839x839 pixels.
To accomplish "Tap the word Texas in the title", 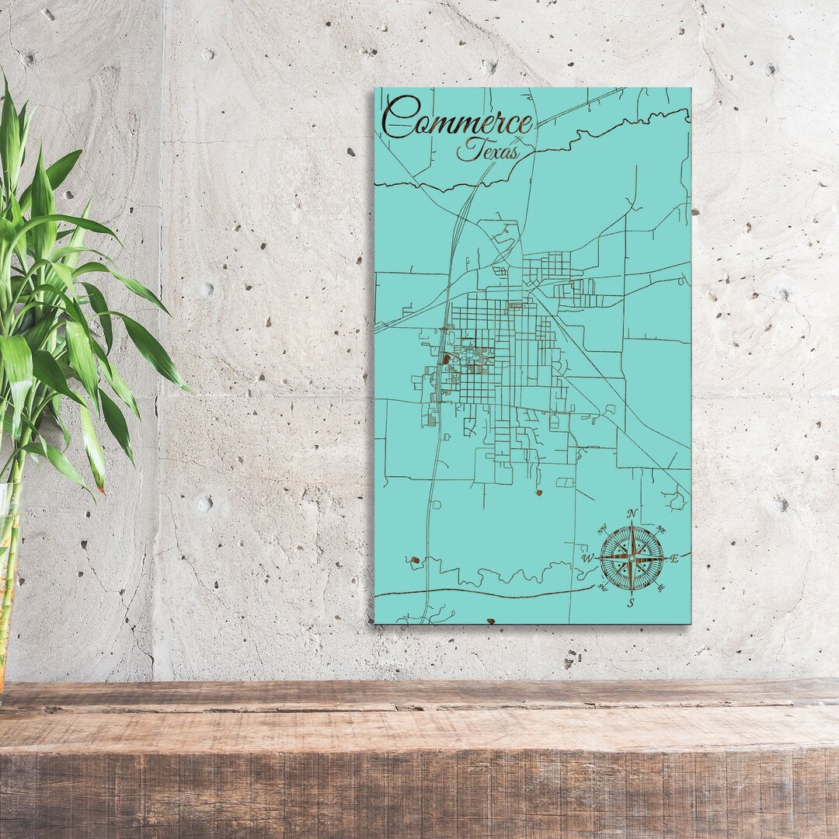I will pyautogui.click(x=488, y=149).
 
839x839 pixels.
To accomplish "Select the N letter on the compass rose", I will pyautogui.click(x=632, y=513).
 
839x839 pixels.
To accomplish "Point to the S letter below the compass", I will pyautogui.click(x=631, y=602).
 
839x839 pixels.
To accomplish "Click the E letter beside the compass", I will pyautogui.click(x=674, y=559).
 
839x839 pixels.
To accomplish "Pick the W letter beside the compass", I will pyautogui.click(x=587, y=558).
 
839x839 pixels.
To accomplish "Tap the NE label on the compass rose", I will pyautogui.click(x=660, y=530).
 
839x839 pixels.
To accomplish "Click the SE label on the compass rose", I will pyautogui.click(x=660, y=588).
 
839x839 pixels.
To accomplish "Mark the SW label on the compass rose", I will pyautogui.click(x=602, y=588).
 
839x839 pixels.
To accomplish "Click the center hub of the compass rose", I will pyautogui.click(x=632, y=557).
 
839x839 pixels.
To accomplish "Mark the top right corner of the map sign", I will pyautogui.click(x=690, y=88).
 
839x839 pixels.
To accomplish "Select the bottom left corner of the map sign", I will pyautogui.click(x=375, y=622).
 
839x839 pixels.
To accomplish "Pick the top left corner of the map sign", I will pyautogui.click(x=375, y=88).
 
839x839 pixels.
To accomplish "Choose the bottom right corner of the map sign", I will pyautogui.click(x=690, y=623).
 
